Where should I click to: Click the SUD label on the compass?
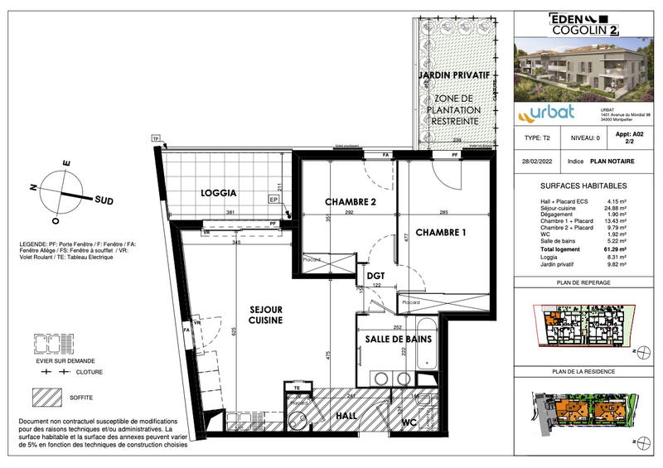104,200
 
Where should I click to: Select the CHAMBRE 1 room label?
441,233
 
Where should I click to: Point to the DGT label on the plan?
376,277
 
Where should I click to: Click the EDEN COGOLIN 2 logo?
585,23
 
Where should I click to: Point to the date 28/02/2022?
537,162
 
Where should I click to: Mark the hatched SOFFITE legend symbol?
51,396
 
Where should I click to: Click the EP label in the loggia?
274,200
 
